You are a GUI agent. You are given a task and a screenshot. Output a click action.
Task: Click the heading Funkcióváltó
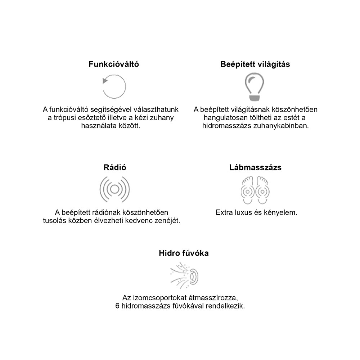pos(114,64)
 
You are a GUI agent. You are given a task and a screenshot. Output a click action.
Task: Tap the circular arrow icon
pos(114,87)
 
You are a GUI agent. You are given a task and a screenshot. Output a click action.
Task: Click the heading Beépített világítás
pos(255,64)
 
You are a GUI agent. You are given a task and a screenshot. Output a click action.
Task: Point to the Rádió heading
pos(114,168)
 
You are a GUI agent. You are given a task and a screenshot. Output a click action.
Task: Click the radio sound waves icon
pos(114,189)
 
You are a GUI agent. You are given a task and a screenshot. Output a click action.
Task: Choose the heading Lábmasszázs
pos(255,168)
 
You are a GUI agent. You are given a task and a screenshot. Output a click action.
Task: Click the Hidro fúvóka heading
pos(184,253)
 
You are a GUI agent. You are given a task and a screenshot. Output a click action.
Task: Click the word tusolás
pos(55,221)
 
